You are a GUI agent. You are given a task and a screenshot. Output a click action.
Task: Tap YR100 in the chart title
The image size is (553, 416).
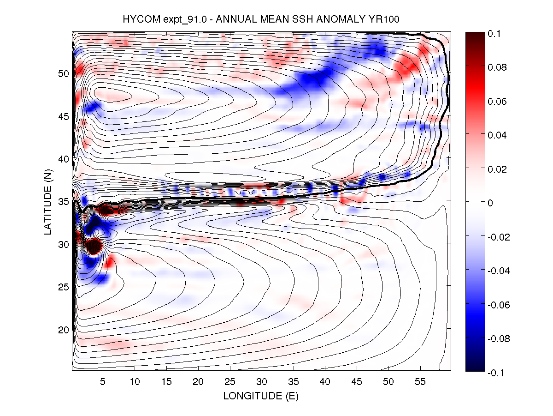point(392,19)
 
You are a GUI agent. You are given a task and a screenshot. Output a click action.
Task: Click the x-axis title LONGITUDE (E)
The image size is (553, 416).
point(261,396)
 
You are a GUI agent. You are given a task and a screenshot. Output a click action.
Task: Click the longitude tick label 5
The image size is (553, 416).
point(103,383)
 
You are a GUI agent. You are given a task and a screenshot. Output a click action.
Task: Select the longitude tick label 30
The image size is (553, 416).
point(262,383)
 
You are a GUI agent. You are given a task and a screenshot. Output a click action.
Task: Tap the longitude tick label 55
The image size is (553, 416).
point(420,383)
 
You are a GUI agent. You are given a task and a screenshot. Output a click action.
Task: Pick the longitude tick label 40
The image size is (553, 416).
point(325,383)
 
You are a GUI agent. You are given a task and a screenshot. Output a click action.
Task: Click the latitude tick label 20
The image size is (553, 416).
point(64,330)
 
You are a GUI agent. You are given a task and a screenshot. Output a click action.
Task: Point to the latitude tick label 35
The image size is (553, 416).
point(64,202)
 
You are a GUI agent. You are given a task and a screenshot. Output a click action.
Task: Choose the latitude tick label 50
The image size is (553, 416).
point(64,73)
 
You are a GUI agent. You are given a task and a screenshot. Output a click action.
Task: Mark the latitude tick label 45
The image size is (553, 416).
point(64,116)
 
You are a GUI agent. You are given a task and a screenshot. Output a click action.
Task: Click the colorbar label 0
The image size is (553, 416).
point(491,203)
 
